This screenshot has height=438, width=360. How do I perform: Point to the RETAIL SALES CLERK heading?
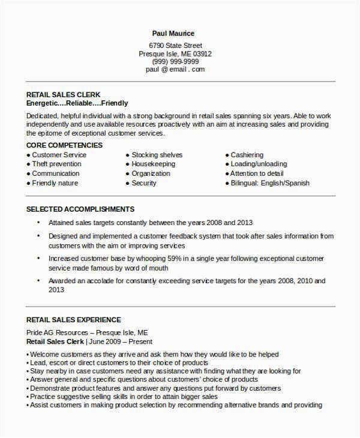64,95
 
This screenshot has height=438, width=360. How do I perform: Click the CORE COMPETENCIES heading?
65,145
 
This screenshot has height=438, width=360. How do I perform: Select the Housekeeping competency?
154,164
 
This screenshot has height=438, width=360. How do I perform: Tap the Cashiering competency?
247,155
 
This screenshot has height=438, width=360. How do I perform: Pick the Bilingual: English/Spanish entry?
269,183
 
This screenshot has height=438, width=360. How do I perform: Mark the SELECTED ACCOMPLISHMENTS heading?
80,209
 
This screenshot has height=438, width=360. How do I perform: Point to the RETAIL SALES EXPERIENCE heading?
74,320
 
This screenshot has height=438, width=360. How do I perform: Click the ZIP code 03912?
201,53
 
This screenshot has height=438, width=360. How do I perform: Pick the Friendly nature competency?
55,183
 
